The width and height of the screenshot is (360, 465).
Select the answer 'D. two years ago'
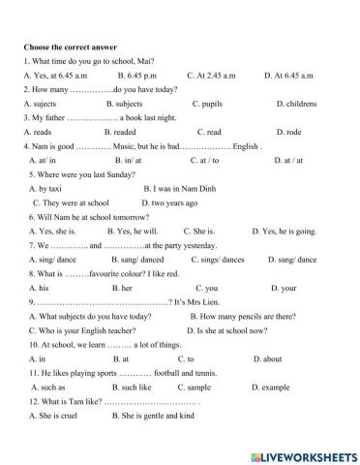[169, 202]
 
